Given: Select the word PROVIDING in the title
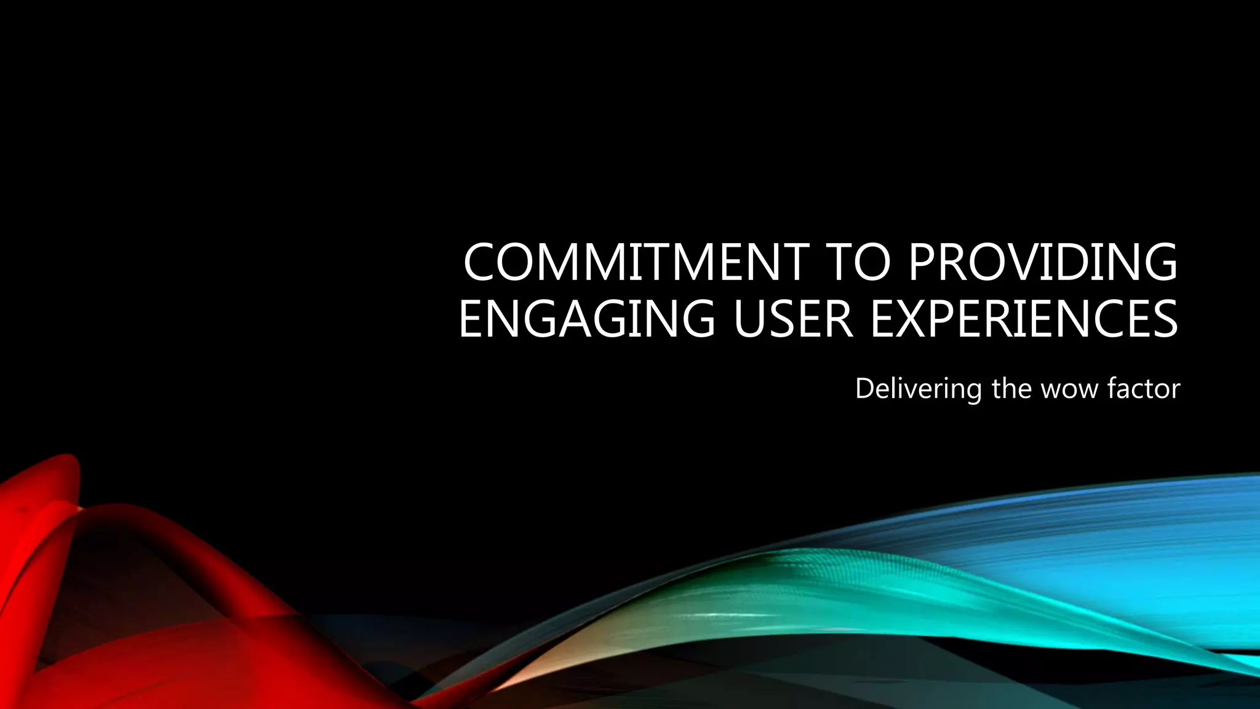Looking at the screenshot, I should (1042, 262).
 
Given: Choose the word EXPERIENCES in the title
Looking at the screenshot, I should (1024, 319).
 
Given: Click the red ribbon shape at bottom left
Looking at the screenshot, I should (92, 615).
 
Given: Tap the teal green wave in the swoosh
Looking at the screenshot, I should (800, 591).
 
